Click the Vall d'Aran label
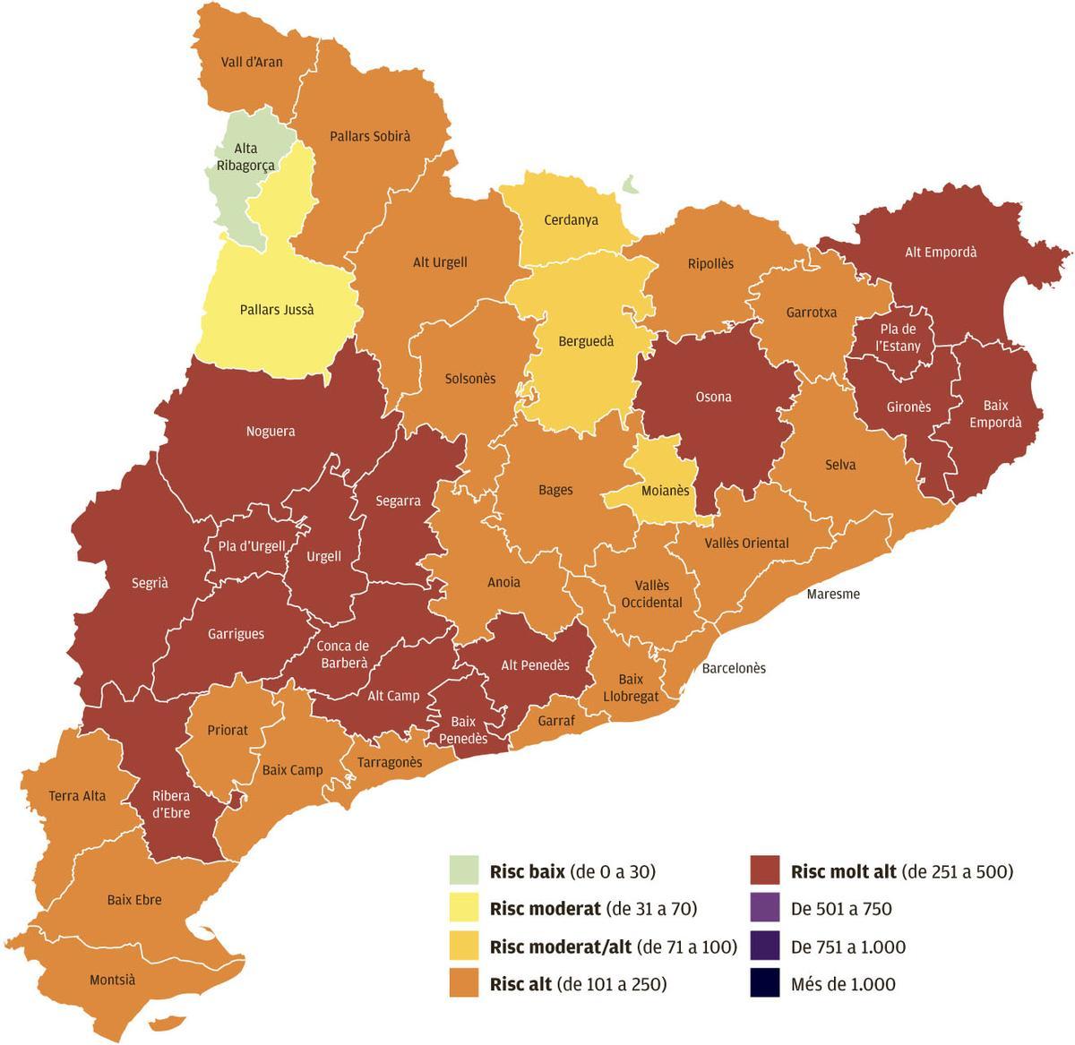click(x=252, y=62)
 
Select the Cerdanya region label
click(x=571, y=219)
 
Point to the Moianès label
click(x=666, y=491)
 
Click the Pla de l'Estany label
click(x=898, y=338)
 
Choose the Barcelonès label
click(x=734, y=668)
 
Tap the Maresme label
click(x=833, y=594)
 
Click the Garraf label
click(x=556, y=720)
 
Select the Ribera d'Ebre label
click(x=170, y=804)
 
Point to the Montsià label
click(x=112, y=980)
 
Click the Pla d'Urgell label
click(x=252, y=545)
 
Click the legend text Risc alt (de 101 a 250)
click(x=578, y=984)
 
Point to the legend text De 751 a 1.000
click(x=848, y=946)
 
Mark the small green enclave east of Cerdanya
click(x=631, y=184)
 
